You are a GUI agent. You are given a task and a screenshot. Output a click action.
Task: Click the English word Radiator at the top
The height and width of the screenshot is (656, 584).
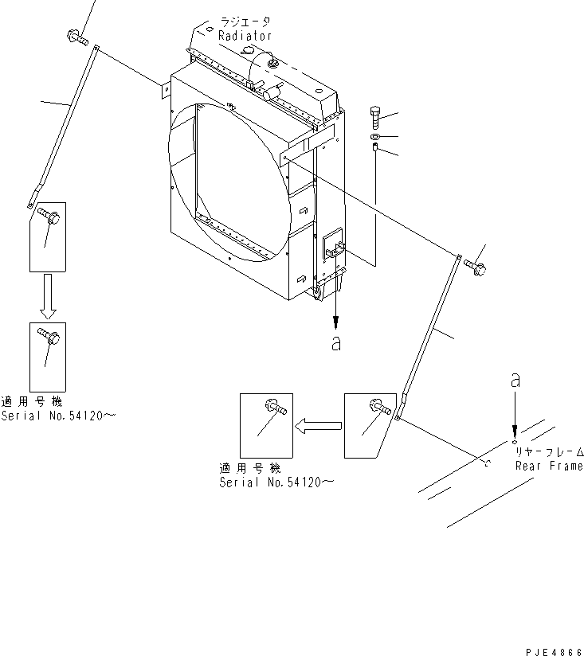click(245, 36)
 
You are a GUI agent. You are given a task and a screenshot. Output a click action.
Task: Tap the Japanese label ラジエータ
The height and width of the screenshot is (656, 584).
click(245, 24)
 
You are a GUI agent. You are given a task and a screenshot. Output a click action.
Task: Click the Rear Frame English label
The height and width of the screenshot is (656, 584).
click(548, 467)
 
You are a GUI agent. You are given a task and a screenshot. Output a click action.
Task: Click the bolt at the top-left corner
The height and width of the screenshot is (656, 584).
click(76, 36)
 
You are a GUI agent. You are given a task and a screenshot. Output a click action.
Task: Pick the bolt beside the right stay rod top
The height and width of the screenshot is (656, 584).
click(476, 267)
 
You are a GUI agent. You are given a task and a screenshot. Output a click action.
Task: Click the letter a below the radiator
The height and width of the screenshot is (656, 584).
click(336, 343)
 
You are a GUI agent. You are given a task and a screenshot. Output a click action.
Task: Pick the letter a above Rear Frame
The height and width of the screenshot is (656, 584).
click(515, 381)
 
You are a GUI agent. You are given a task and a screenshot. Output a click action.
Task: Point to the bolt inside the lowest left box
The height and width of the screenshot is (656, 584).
click(48, 338)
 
